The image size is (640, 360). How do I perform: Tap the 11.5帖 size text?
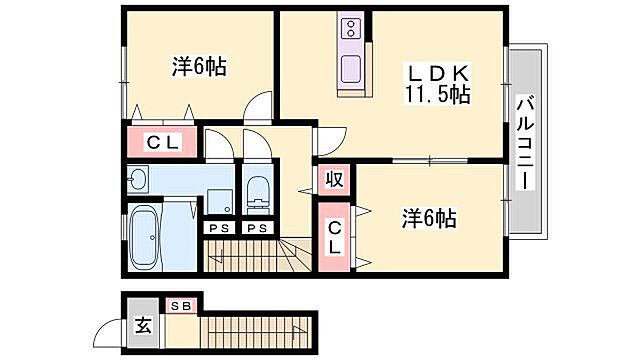pyautogui.click(x=437, y=96)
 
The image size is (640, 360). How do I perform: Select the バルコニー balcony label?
pyautogui.click(x=525, y=142)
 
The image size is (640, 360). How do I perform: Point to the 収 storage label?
pyautogui.click(x=334, y=180)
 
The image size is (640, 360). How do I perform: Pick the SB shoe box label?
pyautogui.click(x=182, y=306)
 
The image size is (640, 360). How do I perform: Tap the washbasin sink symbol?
pyautogui.click(x=139, y=180)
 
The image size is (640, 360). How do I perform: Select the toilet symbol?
pyautogui.click(x=258, y=189)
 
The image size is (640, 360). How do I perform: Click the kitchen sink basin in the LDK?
pyautogui.click(x=353, y=69)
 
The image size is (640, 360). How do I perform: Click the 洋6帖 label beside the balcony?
pyautogui.click(x=430, y=217)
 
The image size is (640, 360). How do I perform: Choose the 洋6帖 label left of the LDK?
pyautogui.click(x=198, y=67)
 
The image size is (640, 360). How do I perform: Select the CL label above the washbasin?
pyautogui.click(x=163, y=142)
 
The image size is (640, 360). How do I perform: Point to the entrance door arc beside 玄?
pyautogui.click(x=108, y=331)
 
